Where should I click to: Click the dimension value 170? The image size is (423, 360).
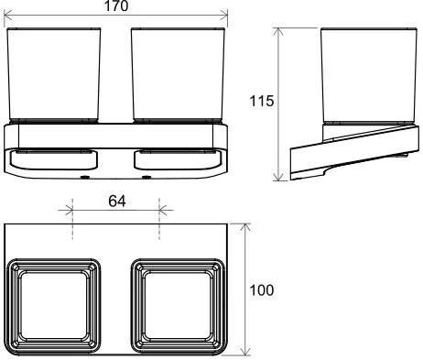115,7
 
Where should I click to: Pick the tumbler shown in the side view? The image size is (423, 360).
364,76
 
